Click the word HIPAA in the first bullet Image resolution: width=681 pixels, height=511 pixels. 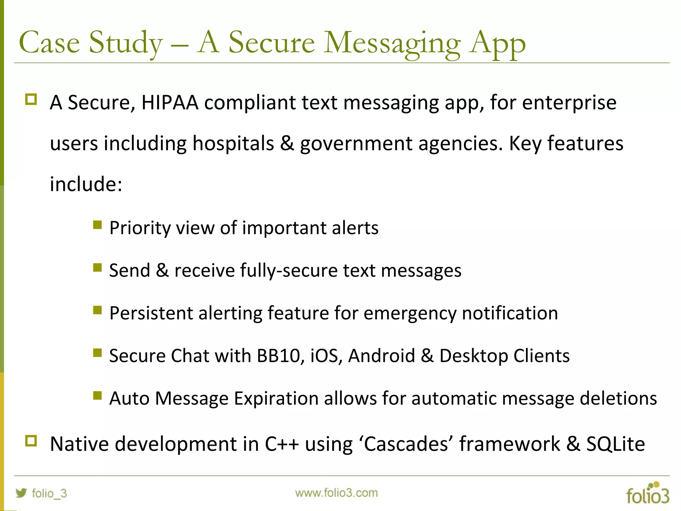click(170, 102)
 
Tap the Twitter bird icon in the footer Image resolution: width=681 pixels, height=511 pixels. click(21, 493)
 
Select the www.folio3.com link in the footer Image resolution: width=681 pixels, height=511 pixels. click(336, 493)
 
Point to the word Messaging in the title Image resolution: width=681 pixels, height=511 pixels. click(392, 43)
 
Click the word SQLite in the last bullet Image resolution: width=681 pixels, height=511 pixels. click(615, 444)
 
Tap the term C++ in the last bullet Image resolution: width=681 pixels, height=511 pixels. click(282, 444)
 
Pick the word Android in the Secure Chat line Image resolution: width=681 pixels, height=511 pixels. click(381, 355)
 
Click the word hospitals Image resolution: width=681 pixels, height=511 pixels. click(233, 143)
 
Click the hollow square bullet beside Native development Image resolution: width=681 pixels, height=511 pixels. click(31, 441)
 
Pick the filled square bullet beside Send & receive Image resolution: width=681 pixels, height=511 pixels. click(97, 267)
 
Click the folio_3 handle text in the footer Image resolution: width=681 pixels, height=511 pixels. click(49, 493)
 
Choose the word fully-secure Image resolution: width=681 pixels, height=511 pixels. click(288, 270)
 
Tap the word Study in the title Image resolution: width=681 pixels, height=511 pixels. click(126, 43)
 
